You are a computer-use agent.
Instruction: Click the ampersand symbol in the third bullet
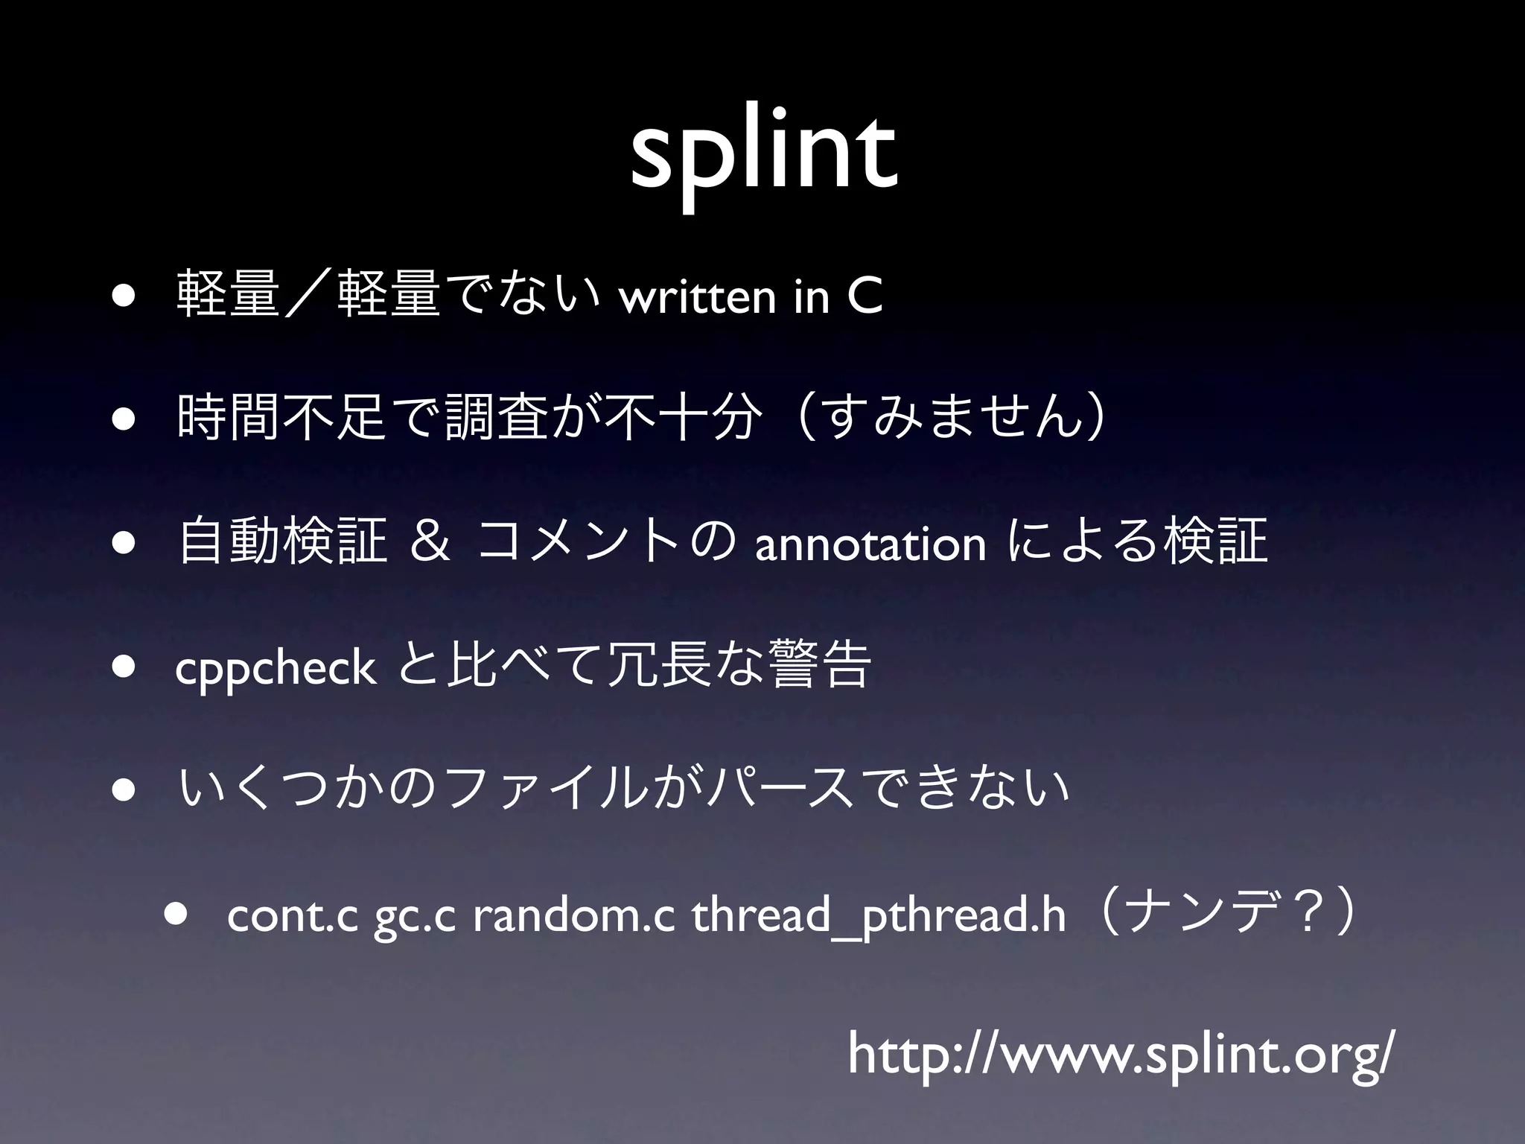pos(430,542)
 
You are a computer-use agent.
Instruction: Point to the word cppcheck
pos(275,667)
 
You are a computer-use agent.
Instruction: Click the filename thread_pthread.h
pos(879,918)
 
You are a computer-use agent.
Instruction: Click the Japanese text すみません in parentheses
pos(953,419)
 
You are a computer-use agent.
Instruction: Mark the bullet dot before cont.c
pos(176,916)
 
